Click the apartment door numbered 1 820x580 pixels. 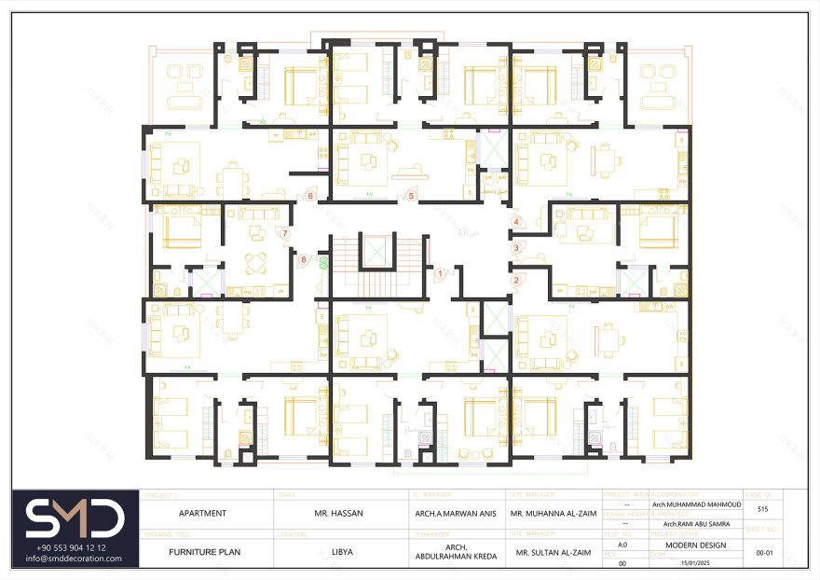[x=440, y=274]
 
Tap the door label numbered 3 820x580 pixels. [x=515, y=248]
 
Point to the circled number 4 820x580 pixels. [x=515, y=222]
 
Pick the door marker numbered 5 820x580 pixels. [x=410, y=196]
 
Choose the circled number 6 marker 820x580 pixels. [x=310, y=196]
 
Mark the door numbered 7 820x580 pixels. [x=285, y=233]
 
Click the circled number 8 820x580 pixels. [x=304, y=259]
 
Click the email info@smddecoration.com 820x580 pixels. [x=75, y=559]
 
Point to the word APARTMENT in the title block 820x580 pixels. [x=202, y=513]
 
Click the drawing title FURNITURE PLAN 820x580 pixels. [x=204, y=552]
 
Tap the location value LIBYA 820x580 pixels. [x=341, y=552]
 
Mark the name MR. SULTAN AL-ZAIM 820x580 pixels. [x=553, y=553]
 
